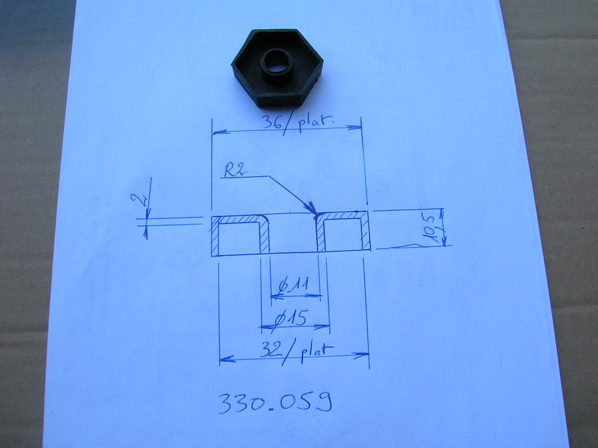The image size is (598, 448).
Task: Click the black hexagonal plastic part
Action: pyautogui.click(x=277, y=68)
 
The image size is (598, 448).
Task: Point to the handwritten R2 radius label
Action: pyautogui.click(x=235, y=171)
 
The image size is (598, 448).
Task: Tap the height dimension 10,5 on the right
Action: pyautogui.click(x=430, y=228)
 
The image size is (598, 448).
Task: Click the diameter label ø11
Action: pyautogui.click(x=293, y=286)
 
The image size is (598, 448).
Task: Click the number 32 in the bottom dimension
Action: pyautogui.click(x=271, y=349)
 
